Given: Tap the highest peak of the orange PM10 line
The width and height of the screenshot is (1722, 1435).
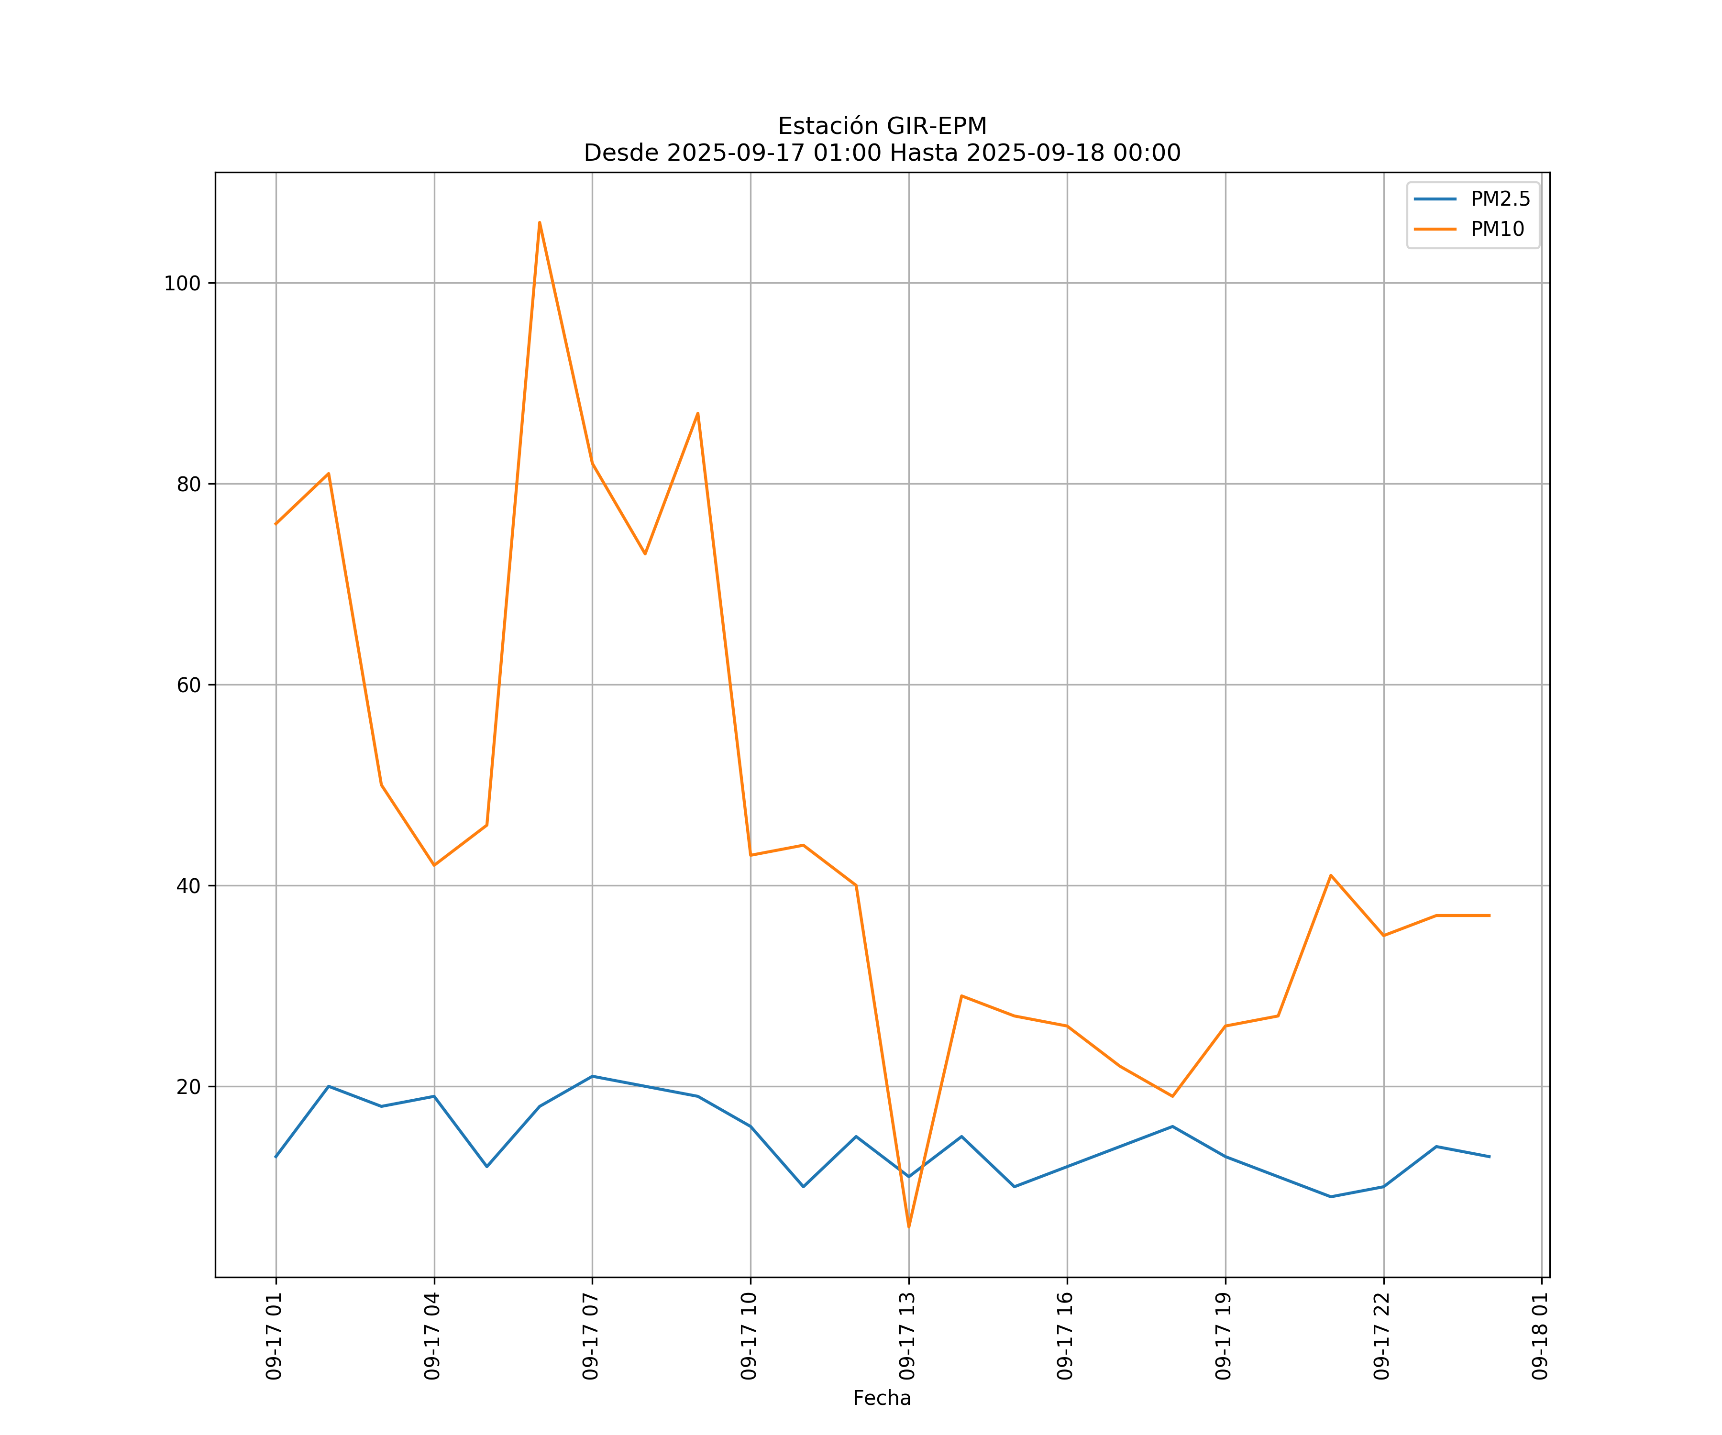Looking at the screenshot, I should [x=540, y=222].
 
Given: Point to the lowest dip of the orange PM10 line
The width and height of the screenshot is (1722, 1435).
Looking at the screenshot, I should [x=908, y=1227].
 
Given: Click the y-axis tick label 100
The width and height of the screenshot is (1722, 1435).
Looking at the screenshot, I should [x=182, y=284].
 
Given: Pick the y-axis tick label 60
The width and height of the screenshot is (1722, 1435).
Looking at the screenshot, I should [x=188, y=685].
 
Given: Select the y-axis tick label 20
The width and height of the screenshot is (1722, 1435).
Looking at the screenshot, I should [x=188, y=1087].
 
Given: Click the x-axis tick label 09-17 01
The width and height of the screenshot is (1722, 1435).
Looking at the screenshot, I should [x=274, y=1336].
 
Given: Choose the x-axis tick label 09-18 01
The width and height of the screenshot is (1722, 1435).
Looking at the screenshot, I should [x=1540, y=1336].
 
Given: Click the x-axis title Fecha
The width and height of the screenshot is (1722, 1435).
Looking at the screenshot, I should [x=882, y=1398].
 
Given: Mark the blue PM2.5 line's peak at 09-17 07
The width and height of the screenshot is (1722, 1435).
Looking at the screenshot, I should [x=592, y=1077].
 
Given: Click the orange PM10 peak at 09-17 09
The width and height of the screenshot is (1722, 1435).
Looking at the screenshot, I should [x=698, y=413].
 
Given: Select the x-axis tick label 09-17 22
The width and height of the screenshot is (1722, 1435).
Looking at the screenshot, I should [x=1382, y=1336].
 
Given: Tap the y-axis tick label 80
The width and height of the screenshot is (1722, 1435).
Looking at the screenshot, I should [x=188, y=485].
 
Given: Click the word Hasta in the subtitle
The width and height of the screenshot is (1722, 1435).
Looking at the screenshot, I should [x=924, y=154].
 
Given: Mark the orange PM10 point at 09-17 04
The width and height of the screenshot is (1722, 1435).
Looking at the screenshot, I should [x=434, y=865].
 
